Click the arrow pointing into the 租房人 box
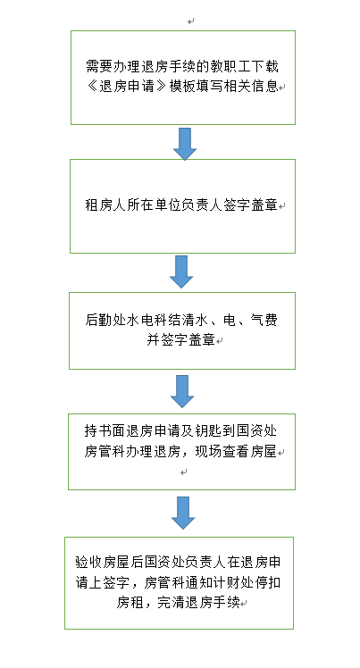coord(185,144)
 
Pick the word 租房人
coord(105,205)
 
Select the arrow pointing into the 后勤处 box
coord(181,271)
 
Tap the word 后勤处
coord(105,320)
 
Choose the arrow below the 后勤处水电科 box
coord(182,391)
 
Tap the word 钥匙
coord(209,430)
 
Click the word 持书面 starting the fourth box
coord(105,430)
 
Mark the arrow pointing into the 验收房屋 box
coord(183,513)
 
